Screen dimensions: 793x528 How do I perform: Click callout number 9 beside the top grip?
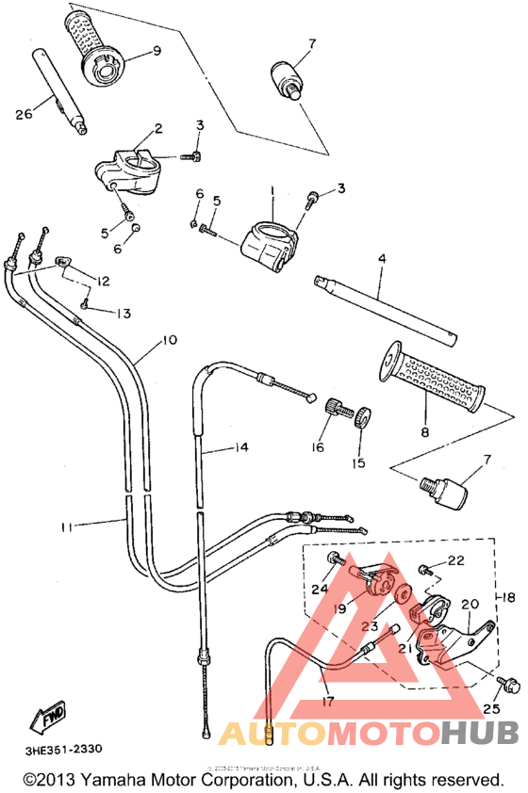157,50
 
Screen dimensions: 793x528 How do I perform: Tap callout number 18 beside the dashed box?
510,597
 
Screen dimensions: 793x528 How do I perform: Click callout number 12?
102,281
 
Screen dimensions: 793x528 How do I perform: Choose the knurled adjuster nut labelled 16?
334,413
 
